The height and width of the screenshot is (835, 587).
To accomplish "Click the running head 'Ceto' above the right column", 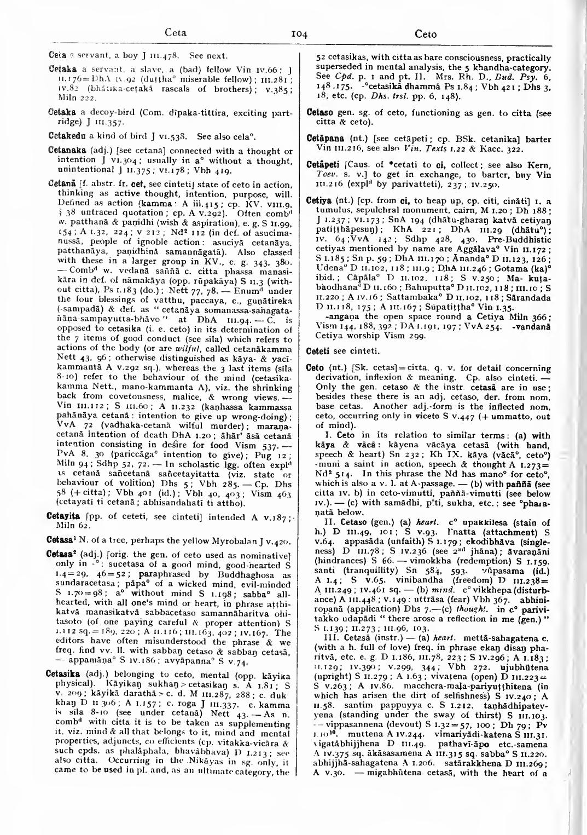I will [426, 34].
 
